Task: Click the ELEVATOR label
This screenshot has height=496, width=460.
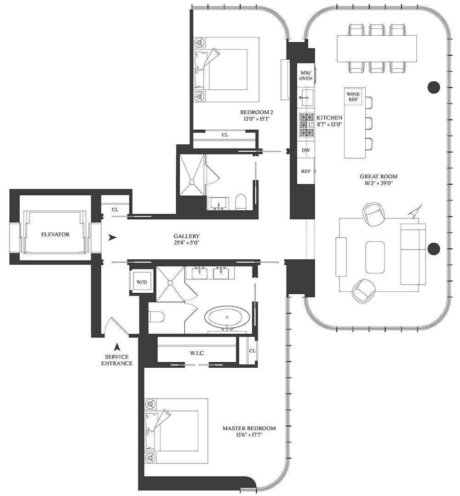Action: (x=55, y=234)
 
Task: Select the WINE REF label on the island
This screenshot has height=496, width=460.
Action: (x=353, y=97)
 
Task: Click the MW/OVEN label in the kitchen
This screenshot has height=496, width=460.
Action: (x=306, y=75)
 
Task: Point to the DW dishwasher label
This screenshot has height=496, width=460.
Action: (x=305, y=150)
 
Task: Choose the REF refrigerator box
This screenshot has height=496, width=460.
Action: (x=305, y=171)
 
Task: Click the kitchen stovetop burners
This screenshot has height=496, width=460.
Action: (x=306, y=125)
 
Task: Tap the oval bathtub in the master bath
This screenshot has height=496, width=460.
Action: (x=225, y=317)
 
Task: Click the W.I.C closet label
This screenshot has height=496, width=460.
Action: (x=197, y=353)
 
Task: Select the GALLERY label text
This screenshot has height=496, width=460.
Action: (x=186, y=236)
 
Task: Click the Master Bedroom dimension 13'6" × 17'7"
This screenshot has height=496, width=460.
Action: (x=249, y=435)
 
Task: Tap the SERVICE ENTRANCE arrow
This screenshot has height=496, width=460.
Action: (x=117, y=347)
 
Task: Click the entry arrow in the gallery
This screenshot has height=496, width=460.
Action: (x=112, y=237)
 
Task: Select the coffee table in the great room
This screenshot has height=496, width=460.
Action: (x=375, y=257)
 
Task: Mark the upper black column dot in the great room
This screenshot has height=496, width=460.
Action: (x=434, y=87)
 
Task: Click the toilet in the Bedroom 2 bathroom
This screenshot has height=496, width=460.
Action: (x=241, y=201)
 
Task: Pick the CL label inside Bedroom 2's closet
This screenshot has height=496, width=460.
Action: (x=225, y=135)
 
